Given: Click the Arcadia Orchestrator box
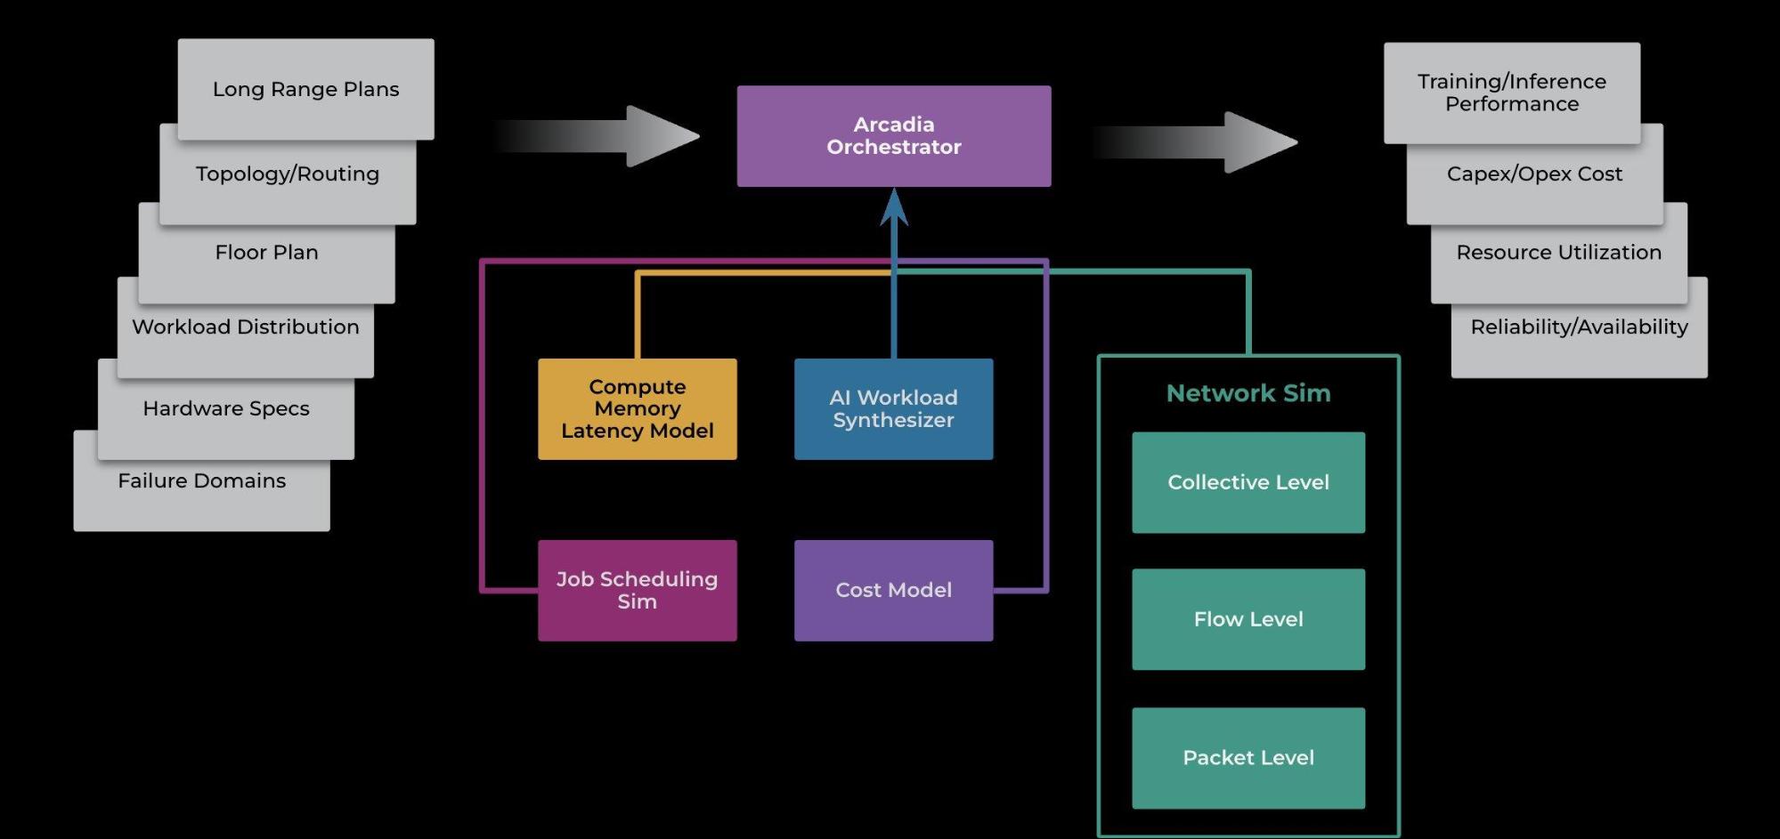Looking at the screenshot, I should click(x=893, y=136).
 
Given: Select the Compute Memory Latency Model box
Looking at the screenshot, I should click(x=637, y=409).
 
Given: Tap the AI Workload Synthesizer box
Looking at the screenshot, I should click(x=893, y=409).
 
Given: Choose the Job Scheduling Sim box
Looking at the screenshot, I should click(x=637, y=590).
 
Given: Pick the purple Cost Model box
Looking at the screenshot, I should click(x=893, y=590).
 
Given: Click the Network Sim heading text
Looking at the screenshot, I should click(x=1248, y=393).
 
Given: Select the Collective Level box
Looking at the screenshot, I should click(x=1248, y=482).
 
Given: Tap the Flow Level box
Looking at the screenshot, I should click(x=1248, y=619).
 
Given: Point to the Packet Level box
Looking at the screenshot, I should click(x=1248, y=758).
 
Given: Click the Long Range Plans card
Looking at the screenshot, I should click(x=305, y=89).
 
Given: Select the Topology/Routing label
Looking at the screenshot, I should click(x=287, y=174).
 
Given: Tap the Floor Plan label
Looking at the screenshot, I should click(x=266, y=253).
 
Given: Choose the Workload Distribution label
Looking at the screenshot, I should click(x=245, y=327).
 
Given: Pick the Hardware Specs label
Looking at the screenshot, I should click(x=225, y=409).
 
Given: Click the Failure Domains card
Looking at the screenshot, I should click(x=201, y=481).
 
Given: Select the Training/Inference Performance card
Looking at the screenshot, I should click(x=1511, y=93).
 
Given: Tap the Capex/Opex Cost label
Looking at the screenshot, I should click(x=1534, y=174).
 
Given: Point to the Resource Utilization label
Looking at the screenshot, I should click(x=1558, y=253).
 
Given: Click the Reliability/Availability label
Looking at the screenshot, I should click(x=1579, y=327).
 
